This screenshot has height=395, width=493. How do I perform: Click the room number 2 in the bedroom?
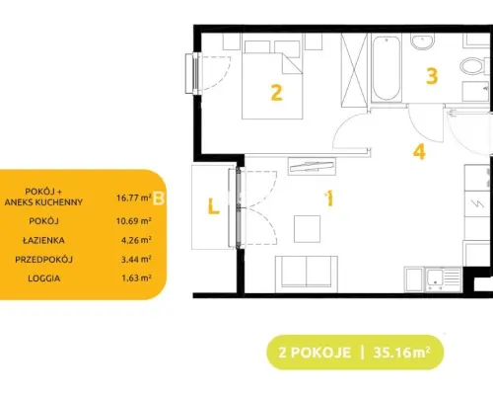[x=276, y=93]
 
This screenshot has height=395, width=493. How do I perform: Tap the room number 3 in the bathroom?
[x=432, y=76]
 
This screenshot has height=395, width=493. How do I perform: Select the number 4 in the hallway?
[x=419, y=152]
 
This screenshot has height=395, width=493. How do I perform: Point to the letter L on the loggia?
[x=214, y=206]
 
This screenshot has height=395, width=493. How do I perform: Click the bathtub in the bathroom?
[x=387, y=68]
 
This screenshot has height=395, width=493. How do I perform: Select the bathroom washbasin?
[x=423, y=41]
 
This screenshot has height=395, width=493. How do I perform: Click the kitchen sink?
[x=444, y=279]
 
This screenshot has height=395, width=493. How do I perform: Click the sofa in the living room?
[x=307, y=275]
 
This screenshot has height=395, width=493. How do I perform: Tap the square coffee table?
[x=307, y=229]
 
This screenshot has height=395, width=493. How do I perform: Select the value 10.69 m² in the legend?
[x=134, y=221]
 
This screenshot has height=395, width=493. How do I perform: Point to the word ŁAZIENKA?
[x=43, y=240]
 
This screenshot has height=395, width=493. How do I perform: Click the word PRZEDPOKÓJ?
[x=43, y=260]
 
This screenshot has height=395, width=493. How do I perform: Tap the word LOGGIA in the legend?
[x=44, y=278]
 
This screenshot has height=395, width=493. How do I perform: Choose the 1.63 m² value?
[x=136, y=278]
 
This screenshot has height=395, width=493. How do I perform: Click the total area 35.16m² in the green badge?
[x=401, y=353]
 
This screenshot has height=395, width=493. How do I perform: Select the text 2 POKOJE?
[x=315, y=353]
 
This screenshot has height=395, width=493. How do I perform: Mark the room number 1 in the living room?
[x=329, y=198]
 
